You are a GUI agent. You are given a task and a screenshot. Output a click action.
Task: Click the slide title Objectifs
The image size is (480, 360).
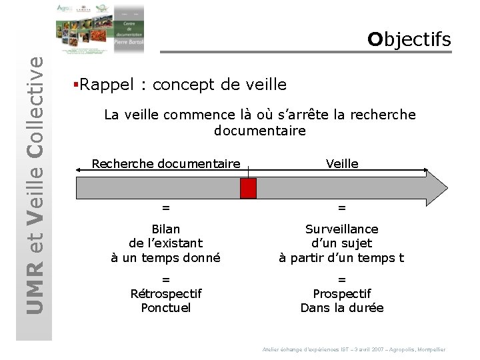tap(409, 39)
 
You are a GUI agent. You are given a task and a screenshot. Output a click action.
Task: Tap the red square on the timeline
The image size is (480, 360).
tap(248, 189)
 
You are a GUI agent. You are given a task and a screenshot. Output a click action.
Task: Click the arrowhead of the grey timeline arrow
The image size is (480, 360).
tap(437, 188)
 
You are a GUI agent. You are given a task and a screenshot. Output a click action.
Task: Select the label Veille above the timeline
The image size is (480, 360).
tap(342, 164)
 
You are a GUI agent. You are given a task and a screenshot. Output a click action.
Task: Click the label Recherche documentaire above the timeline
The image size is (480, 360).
tap(165, 164)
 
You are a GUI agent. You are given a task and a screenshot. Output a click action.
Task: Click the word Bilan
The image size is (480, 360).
tap(165, 229)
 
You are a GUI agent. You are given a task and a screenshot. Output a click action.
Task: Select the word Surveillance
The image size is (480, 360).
tap(341, 229)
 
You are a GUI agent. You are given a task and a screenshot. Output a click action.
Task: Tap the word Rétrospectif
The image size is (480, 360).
tap(165, 294)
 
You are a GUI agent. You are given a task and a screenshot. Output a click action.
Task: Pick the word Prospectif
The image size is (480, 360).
tap(341, 294)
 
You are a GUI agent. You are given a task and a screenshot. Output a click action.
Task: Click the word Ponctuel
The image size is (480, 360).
tap(165, 308)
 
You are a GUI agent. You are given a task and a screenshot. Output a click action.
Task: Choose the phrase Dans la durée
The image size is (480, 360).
tap(341, 308)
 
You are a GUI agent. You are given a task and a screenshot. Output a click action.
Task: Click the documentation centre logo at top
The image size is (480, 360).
tap(100, 28)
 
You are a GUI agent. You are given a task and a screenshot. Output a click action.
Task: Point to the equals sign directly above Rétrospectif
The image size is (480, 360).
tap(165, 279)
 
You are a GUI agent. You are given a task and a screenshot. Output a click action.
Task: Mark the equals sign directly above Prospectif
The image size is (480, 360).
tap(341, 279)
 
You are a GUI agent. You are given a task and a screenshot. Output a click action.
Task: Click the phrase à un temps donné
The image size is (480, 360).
tap(165, 258)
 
